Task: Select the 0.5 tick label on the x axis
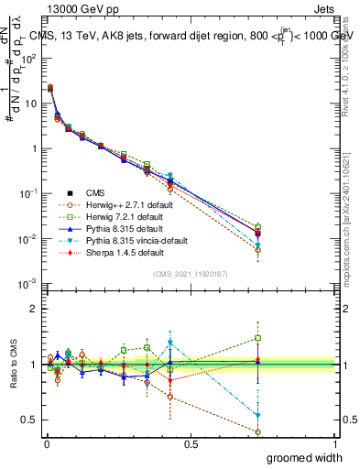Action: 191,443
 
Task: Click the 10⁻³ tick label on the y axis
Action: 28,283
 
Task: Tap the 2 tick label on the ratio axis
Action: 32,309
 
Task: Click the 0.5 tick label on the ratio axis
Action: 28,420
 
